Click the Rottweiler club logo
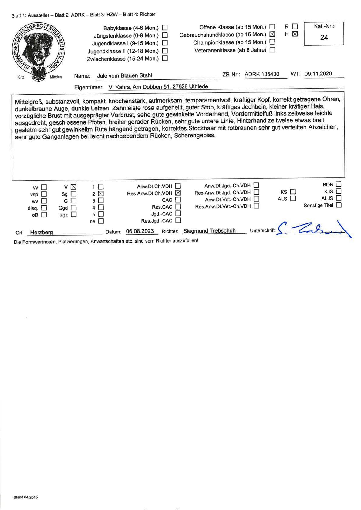tap(39, 52)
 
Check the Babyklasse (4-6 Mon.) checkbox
tap(165, 28)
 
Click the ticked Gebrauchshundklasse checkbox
tap(272, 34)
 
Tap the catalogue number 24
tap(324, 37)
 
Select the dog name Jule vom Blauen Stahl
tap(124, 75)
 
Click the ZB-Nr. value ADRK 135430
tap(262, 74)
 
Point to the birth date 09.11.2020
tap(318, 74)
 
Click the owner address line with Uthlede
tap(158, 87)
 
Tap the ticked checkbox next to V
tap(73, 187)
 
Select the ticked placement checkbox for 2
tap(101, 193)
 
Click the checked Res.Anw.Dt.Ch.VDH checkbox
tap(178, 193)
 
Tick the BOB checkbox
tap(339, 184)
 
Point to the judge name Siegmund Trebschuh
tap(209, 231)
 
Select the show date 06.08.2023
tap(140, 231)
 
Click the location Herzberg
tap(42, 232)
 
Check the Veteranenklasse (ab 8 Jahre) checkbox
tap(272, 50)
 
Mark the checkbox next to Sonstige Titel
tap(339, 205)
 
